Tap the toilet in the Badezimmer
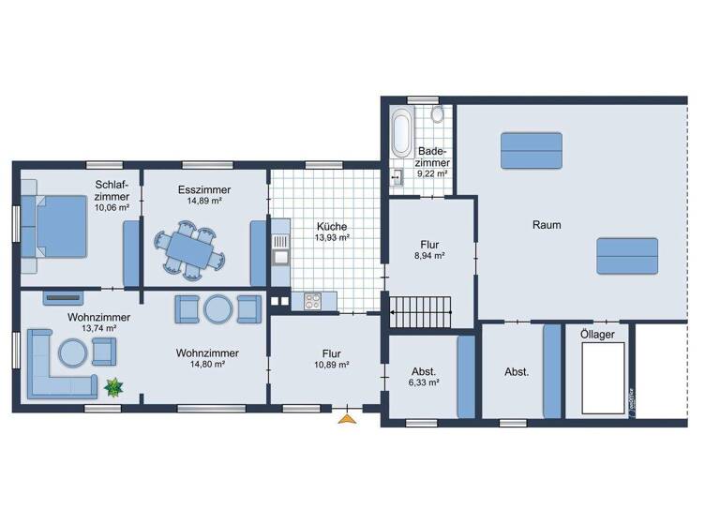438,115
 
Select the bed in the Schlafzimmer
57,225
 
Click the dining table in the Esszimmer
195,249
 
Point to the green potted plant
114,385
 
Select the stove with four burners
311,302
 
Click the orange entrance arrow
348,418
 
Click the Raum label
547,225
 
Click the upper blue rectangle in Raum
531,150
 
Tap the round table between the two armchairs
219,308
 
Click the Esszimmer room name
204,189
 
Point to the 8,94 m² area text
428,254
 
